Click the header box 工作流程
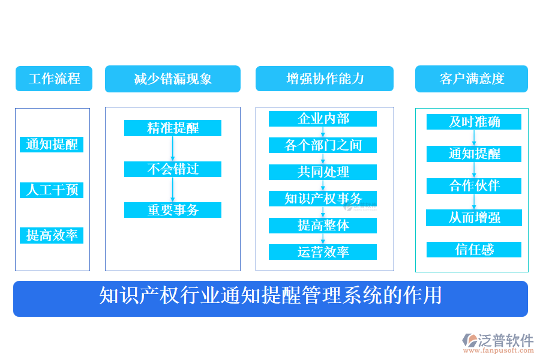tap(54, 79)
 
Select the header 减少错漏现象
tap(173, 79)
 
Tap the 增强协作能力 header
tap(325, 79)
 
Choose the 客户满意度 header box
tap(472, 79)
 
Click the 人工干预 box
tap(52, 190)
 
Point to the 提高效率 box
tap(52, 235)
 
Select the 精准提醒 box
tap(173, 128)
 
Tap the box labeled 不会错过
tap(173, 169)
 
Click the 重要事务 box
tap(173, 210)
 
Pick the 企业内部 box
tap(323, 119)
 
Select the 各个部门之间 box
tap(323, 145)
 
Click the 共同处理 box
tap(323, 172)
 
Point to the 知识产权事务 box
tap(323, 199)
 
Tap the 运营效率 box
tap(323, 252)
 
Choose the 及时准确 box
tap(474, 122)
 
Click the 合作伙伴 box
tap(474, 185)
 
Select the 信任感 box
tap(474, 250)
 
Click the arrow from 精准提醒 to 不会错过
tap(173, 149)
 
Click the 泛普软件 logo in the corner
tap(498, 343)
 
